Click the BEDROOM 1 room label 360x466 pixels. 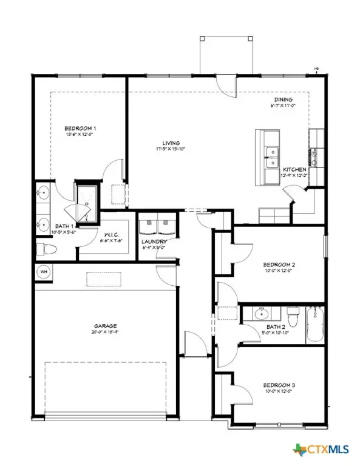coord(80,128)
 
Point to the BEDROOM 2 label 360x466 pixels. coord(279,265)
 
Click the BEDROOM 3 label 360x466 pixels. coord(279,385)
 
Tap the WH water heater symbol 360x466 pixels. coord(44,271)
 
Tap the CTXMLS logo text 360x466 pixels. coord(328,450)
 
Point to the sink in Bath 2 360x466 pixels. coord(262,314)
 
